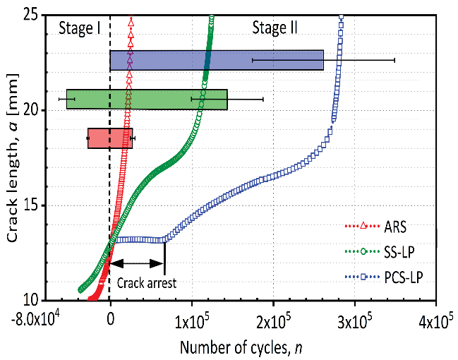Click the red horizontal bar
(110, 138)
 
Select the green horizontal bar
(147, 100)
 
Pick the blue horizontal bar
(217, 60)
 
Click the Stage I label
(78, 28)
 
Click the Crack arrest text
(146, 283)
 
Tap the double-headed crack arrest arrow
(138, 263)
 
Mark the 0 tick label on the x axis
(110, 318)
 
